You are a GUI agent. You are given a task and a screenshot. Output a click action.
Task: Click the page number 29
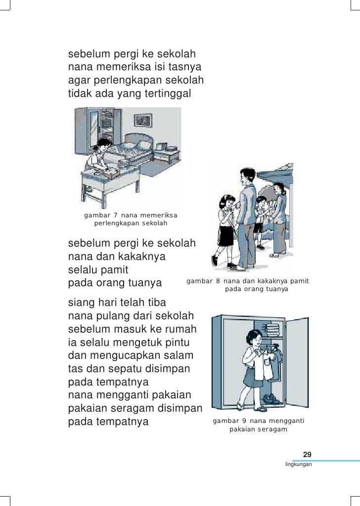pos(307,455)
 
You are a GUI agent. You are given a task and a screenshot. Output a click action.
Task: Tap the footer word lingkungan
pos(298,464)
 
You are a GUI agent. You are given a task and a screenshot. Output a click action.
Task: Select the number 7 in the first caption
pos(116,215)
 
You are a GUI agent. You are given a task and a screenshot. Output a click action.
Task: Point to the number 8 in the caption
pos(218,281)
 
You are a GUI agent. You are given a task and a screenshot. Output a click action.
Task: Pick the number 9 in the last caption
pos(244,421)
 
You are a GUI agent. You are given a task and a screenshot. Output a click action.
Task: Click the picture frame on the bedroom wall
pos(143,120)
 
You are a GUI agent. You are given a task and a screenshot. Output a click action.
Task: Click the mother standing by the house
pos(279,219)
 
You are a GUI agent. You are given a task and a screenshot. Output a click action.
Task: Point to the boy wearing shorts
pos(259,222)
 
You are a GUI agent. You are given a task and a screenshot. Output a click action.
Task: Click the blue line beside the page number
pos(326,461)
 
